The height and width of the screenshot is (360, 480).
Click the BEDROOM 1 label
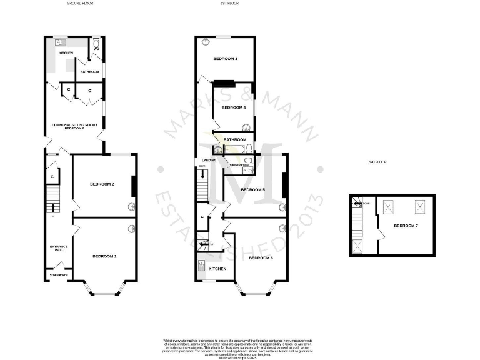104,256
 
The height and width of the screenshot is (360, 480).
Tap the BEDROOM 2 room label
102,184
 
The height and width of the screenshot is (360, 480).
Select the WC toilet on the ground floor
96,44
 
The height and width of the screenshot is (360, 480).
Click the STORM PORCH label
59,275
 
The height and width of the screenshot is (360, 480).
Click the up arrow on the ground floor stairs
52,207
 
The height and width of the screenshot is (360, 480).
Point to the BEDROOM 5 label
253,189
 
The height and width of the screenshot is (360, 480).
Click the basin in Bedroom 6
282,228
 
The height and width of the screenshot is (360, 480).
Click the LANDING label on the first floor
209,161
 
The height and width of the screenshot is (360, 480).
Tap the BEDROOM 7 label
405,224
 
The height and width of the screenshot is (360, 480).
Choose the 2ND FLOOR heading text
377,162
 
